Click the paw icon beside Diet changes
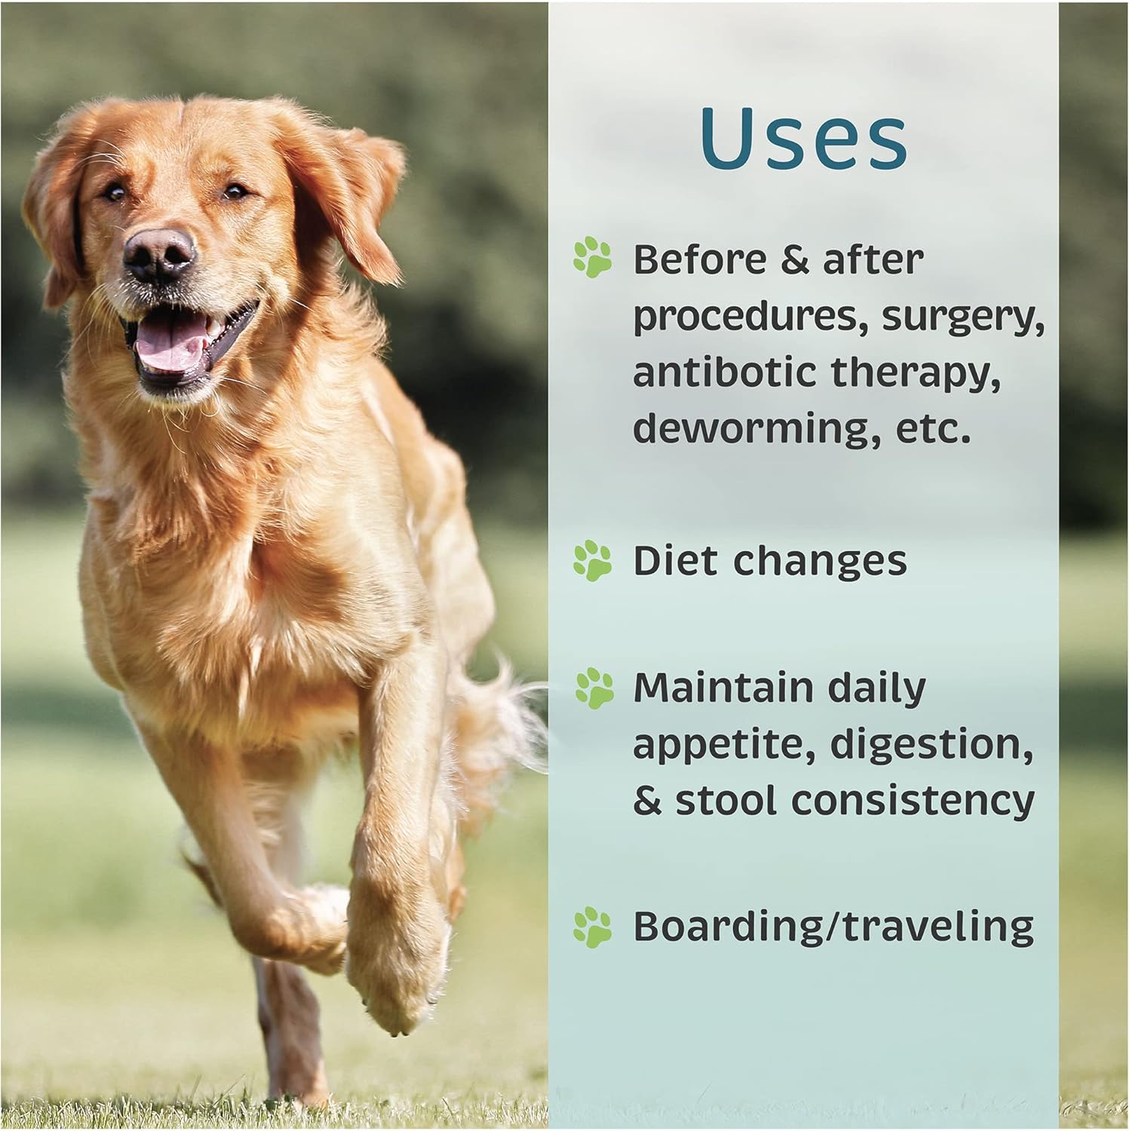592,561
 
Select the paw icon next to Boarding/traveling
592,927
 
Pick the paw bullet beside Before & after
592,257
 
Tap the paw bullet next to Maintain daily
594,688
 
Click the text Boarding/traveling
833,927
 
